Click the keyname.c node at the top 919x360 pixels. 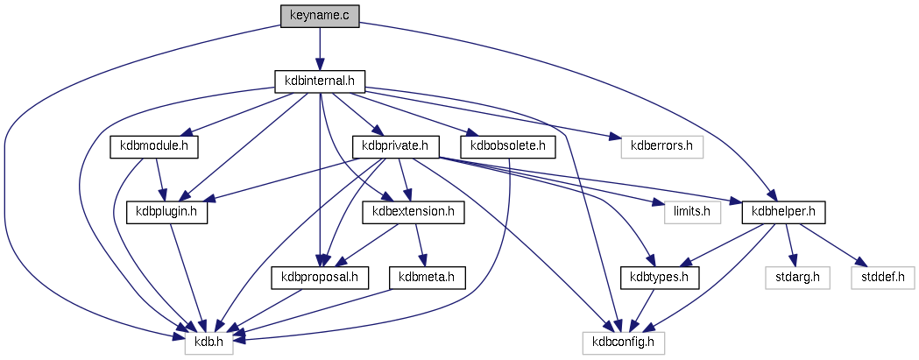pos(319,16)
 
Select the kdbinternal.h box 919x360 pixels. pos(319,81)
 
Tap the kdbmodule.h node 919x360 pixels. pos(154,145)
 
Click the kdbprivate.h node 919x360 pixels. pos(394,145)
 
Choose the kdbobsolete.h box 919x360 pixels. pos(508,145)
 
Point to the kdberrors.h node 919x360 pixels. pos(661,145)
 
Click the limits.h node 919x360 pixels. pos(691,211)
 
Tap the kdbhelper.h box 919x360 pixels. pos(783,211)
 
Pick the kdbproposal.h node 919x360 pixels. pos(321,277)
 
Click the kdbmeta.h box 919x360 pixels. pos(427,277)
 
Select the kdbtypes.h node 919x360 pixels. pos(661,277)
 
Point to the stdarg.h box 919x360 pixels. pos(796,277)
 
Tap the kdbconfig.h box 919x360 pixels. pos(624,342)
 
